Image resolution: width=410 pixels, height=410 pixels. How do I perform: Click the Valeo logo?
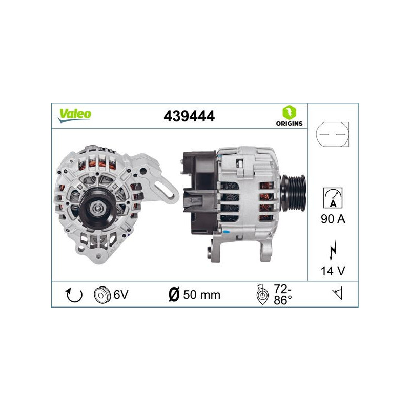(74, 115)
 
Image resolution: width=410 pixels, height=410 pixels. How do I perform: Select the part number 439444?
(189, 116)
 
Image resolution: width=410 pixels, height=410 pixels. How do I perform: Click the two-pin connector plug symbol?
(333, 134)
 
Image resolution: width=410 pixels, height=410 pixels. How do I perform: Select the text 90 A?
(334, 219)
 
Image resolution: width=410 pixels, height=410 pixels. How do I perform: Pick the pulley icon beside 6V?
(102, 295)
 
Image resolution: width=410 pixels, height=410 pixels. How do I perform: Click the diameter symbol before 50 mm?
(173, 295)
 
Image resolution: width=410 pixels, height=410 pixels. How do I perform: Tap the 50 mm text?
(202, 295)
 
